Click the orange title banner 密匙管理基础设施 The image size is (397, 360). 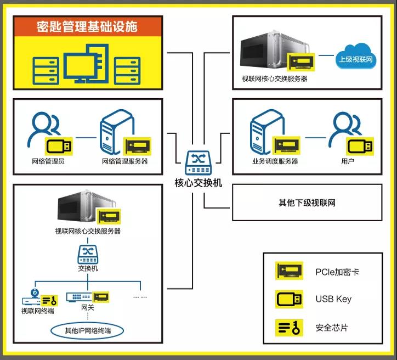coord(88,26)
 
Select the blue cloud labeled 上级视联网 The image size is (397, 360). coord(356,58)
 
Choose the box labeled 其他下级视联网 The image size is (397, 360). coord(307,203)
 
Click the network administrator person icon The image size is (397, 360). coord(44,129)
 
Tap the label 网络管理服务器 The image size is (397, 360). coord(124,161)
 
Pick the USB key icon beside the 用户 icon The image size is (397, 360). coord(360,145)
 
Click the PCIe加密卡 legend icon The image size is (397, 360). coord(289,271)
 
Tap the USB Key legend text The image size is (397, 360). coord(333,299)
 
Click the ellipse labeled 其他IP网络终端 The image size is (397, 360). coord(88,330)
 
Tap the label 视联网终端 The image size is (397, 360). coord(37,311)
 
